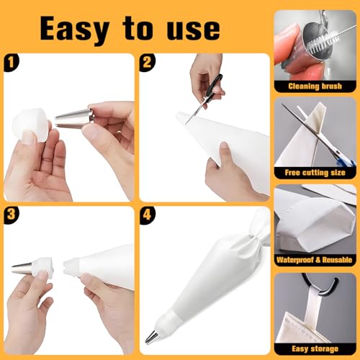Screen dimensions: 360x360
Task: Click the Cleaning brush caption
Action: (x=315, y=85)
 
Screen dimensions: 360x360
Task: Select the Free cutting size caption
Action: (x=315, y=173)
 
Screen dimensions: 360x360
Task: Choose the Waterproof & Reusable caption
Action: (x=315, y=260)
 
